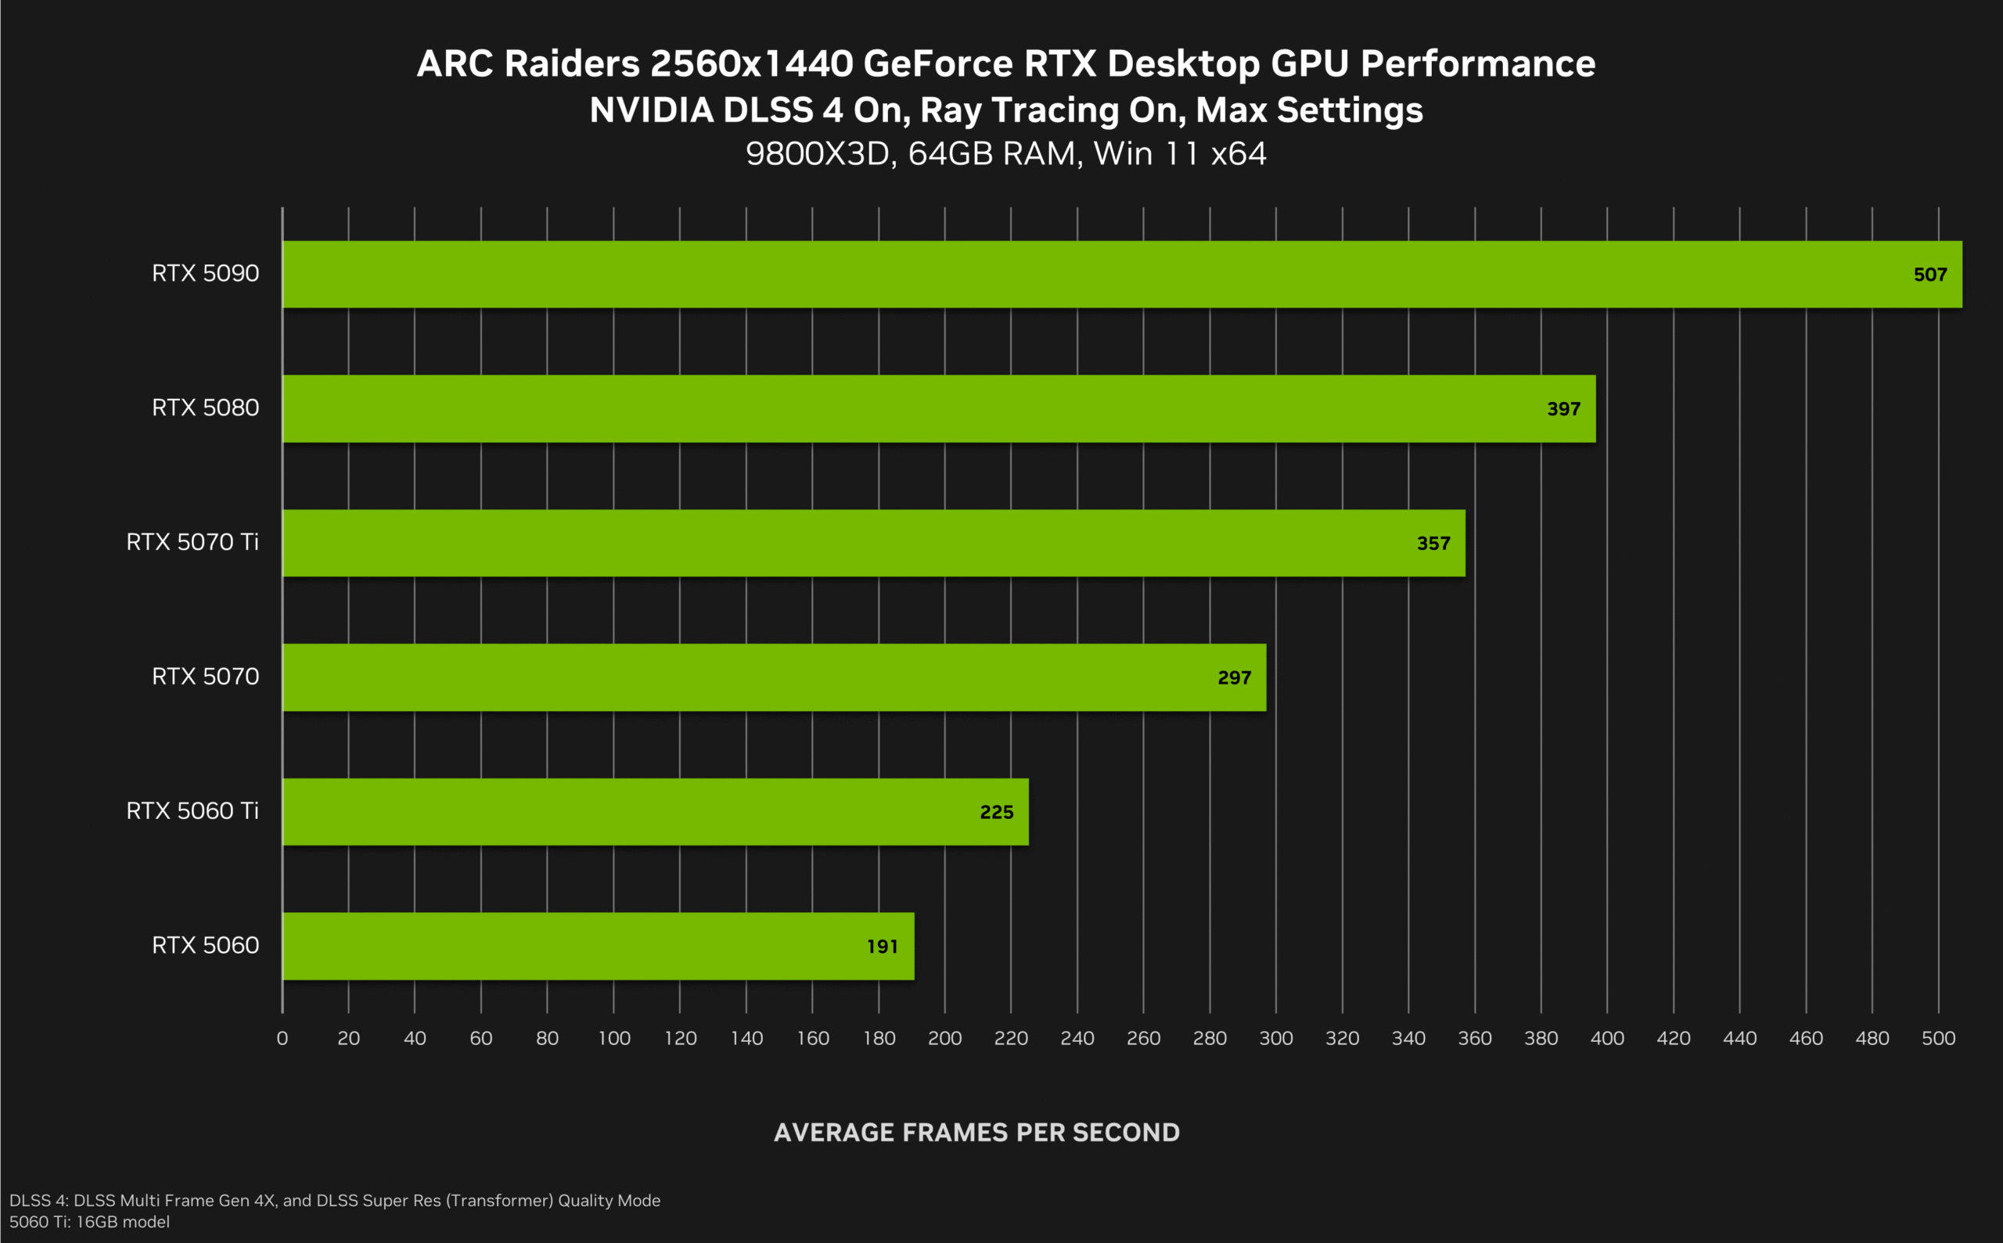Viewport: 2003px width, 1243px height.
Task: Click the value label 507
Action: (x=1929, y=275)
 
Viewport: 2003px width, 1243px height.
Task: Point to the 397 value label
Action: (x=1563, y=409)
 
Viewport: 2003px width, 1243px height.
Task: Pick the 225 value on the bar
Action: (x=997, y=812)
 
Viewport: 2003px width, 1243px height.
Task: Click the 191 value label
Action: (x=883, y=947)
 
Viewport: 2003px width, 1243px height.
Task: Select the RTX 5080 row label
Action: (x=206, y=408)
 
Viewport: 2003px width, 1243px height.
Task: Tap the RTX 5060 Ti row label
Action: (x=192, y=811)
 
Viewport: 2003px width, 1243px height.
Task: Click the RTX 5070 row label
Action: (x=206, y=677)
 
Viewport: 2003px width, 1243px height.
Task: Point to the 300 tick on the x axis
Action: (x=1276, y=1038)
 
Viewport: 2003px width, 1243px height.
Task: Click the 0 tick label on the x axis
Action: (x=282, y=1038)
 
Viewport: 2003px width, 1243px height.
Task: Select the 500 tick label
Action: (x=1938, y=1038)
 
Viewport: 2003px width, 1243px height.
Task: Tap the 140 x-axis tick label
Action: (x=746, y=1038)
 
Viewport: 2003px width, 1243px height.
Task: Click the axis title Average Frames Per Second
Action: (x=976, y=1133)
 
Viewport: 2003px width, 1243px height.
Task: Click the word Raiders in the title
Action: (x=571, y=64)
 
